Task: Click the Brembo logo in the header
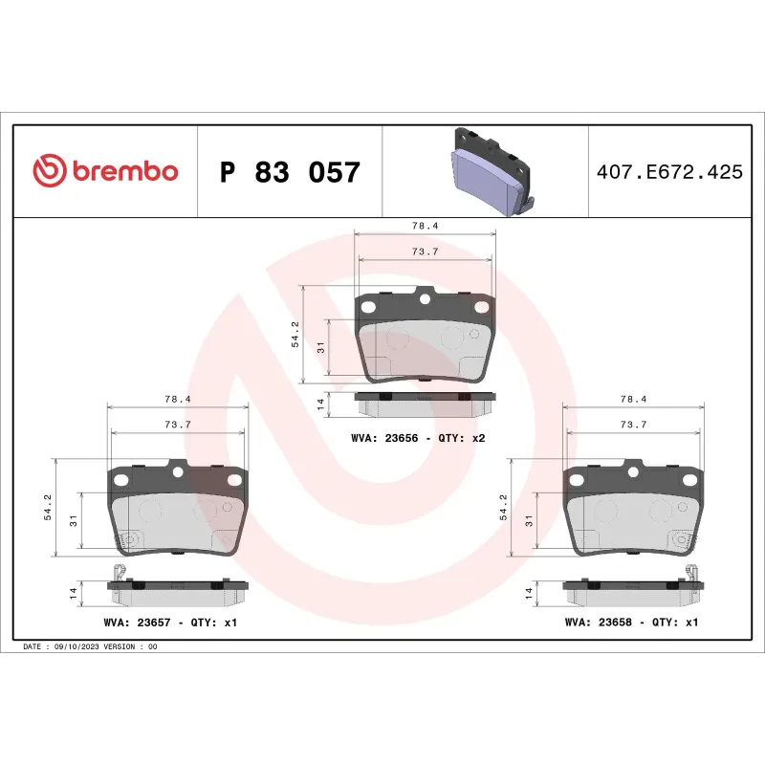105,171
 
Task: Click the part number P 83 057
290,173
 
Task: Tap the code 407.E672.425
668,173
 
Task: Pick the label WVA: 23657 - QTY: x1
170,623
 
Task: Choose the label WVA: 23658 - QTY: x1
632,623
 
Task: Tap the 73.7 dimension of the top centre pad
425,251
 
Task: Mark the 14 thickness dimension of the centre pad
321,405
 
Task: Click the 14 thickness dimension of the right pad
528,593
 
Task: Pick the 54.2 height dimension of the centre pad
295,335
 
